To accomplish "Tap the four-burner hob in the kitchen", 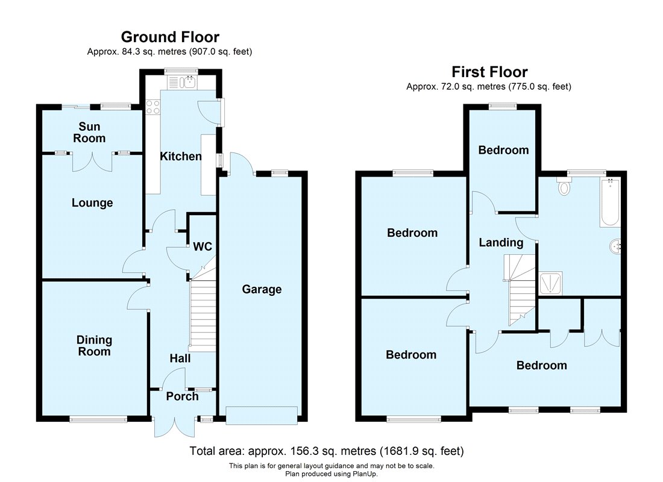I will (x=152, y=107).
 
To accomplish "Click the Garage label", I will (x=262, y=289).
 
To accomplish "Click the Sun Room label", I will (x=90, y=133).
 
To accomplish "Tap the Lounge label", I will (x=92, y=203).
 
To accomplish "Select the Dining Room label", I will (x=94, y=346).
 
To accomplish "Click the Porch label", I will (x=182, y=396).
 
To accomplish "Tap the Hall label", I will (x=180, y=358).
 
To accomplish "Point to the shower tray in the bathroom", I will (x=550, y=283).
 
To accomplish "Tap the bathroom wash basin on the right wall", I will (x=615, y=246).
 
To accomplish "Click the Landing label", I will (x=501, y=243).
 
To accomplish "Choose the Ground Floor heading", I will (x=170, y=37).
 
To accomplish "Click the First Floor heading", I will (x=489, y=72).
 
